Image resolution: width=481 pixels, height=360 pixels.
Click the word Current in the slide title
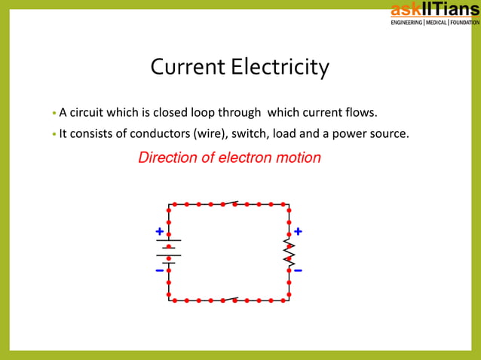188,68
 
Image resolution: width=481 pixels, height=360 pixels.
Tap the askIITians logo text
434,9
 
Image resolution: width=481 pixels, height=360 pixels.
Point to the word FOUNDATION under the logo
464,22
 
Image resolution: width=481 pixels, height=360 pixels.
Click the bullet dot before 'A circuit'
54,114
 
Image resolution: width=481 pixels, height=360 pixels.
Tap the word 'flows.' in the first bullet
359,114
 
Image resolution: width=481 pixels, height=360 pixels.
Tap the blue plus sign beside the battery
159,231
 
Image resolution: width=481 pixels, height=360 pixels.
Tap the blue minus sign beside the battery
159,270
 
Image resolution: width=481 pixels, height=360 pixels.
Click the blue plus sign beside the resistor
298,231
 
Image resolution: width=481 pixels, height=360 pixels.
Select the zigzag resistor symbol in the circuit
289,251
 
